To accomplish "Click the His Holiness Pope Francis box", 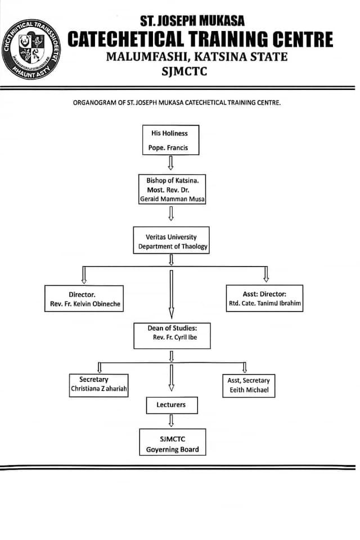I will [x=170, y=140].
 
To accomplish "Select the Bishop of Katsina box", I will [x=172, y=189].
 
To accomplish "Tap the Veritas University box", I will [x=172, y=240].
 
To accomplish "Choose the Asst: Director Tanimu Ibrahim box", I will [x=264, y=299].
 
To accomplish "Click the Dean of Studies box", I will [x=172, y=335].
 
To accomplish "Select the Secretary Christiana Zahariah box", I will [x=98, y=386].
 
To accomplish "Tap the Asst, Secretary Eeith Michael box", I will [x=248, y=386].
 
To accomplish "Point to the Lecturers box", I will [x=170, y=404].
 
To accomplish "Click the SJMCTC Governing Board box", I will [x=172, y=442].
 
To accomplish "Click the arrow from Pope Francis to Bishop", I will [x=171, y=163].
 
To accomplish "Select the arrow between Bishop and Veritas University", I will [x=171, y=213].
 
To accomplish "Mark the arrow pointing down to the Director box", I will [x=84, y=274].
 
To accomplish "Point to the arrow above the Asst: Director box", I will [x=265, y=274].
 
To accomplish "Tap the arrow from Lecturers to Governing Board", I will [x=171, y=420].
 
